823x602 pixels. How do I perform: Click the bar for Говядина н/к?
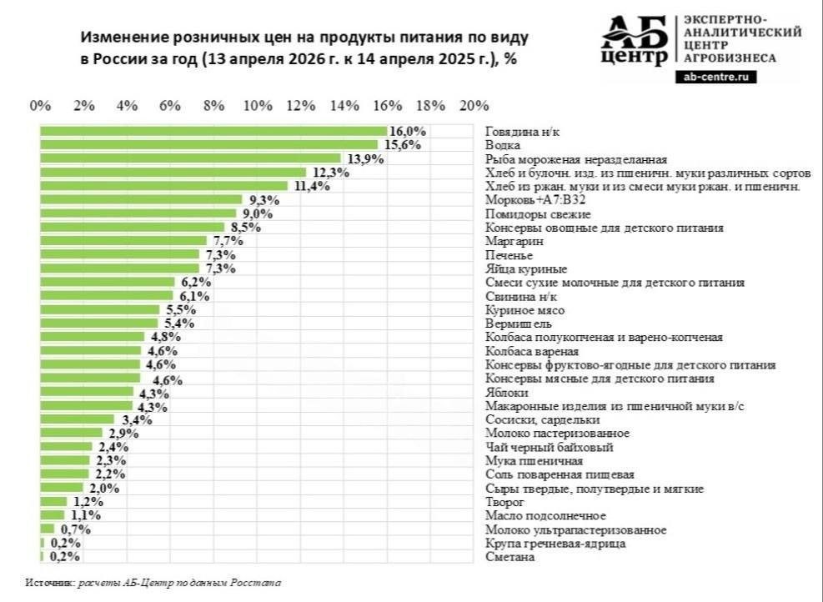coord(213,131)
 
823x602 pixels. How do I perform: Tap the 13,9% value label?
coord(363,158)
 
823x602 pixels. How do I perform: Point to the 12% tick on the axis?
coord(300,106)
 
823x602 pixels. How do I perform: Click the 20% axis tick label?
coord(474,106)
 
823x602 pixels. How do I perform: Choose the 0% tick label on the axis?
coord(40,106)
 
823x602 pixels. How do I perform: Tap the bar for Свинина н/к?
coord(107,296)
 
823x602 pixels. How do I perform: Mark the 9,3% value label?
coord(263,200)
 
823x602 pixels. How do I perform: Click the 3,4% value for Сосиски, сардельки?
coord(136,419)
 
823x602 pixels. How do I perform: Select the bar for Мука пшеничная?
coord(65,460)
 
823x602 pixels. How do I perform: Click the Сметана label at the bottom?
coord(509,557)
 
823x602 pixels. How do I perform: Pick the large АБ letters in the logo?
coord(635,32)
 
